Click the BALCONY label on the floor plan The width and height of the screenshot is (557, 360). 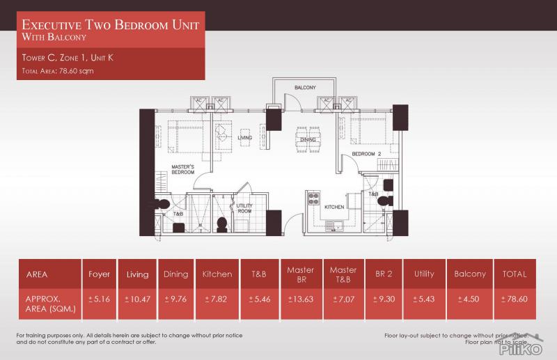pyautogui.click(x=305, y=88)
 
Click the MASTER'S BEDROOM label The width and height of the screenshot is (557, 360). pyautogui.click(x=182, y=169)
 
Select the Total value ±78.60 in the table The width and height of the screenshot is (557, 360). pyautogui.click(x=516, y=300)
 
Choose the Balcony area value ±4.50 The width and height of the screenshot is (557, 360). pyautogui.click(x=469, y=300)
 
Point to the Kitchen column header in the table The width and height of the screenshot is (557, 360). pyautogui.click(x=217, y=274)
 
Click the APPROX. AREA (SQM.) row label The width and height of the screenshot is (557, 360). pyautogui.click(x=44, y=300)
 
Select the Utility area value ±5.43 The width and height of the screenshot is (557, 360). pyautogui.click(x=424, y=300)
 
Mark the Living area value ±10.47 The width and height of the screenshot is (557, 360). pyautogui.click(x=137, y=300)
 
